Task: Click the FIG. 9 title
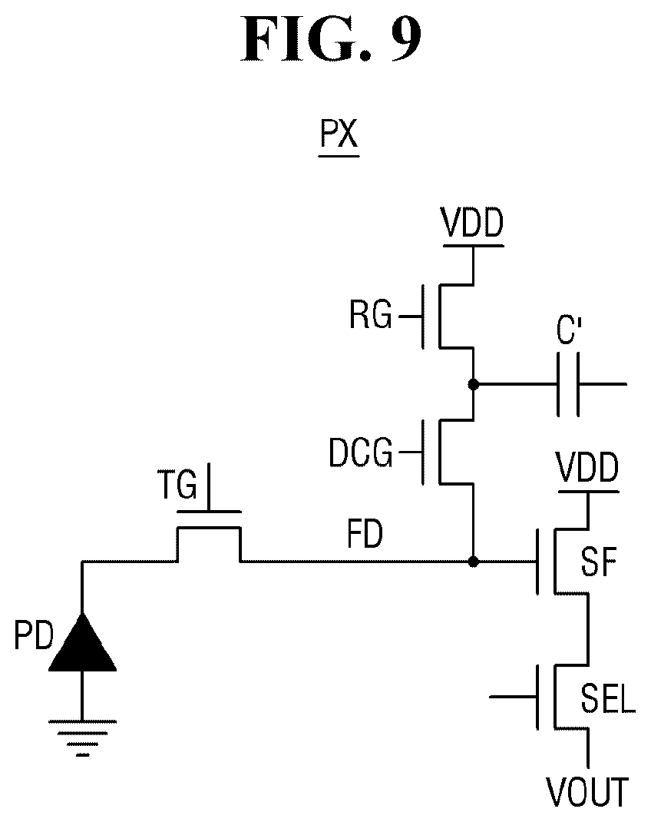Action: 331,38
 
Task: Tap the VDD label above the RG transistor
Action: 473,223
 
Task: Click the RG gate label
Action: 371,315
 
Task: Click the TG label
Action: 177,485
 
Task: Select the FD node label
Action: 365,534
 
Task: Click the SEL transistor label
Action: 607,698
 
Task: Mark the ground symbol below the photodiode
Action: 82,738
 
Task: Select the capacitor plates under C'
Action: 568,384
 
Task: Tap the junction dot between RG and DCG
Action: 474,384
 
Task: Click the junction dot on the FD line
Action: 474,562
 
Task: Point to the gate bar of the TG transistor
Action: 209,511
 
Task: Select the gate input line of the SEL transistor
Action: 514,697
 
